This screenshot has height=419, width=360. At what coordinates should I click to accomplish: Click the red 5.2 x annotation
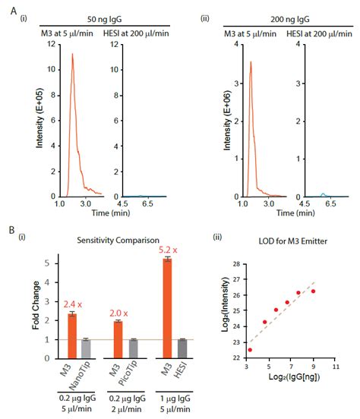pos(166,248)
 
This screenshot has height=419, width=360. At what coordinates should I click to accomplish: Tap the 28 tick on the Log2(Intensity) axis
pos(237,263)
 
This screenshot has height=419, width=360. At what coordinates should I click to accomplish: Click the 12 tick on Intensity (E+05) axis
pos(48,43)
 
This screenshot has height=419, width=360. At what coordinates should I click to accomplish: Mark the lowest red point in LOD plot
pos(250,349)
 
